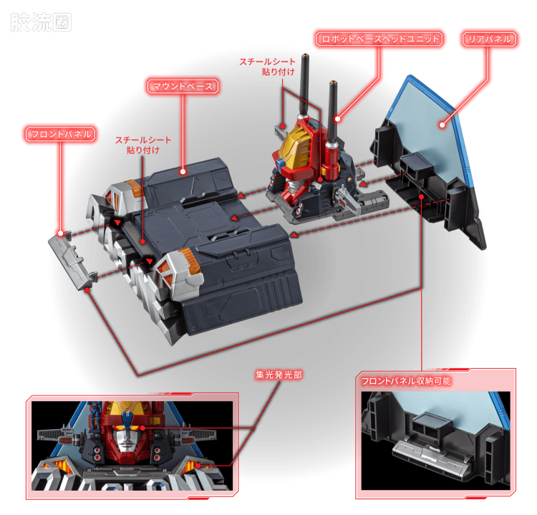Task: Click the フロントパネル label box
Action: click(60, 134)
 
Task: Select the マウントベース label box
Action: click(183, 86)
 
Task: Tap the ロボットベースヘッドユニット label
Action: click(379, 39)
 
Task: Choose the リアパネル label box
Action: click(490, 39)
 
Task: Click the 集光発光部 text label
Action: click(279, 375)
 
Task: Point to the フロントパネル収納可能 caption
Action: click(406, 380)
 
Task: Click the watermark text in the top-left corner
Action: click(40, 23)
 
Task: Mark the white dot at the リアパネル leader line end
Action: click(442, 125)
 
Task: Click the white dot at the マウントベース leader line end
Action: click(183, 171)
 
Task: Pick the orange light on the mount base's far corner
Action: click(135, 187)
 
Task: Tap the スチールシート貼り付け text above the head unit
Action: click(268, 67)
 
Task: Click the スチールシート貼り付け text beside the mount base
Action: click(143, 145)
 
